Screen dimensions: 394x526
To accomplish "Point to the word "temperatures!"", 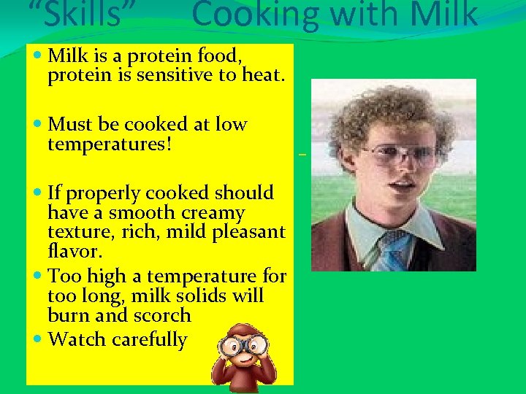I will (x=110, y=144).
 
